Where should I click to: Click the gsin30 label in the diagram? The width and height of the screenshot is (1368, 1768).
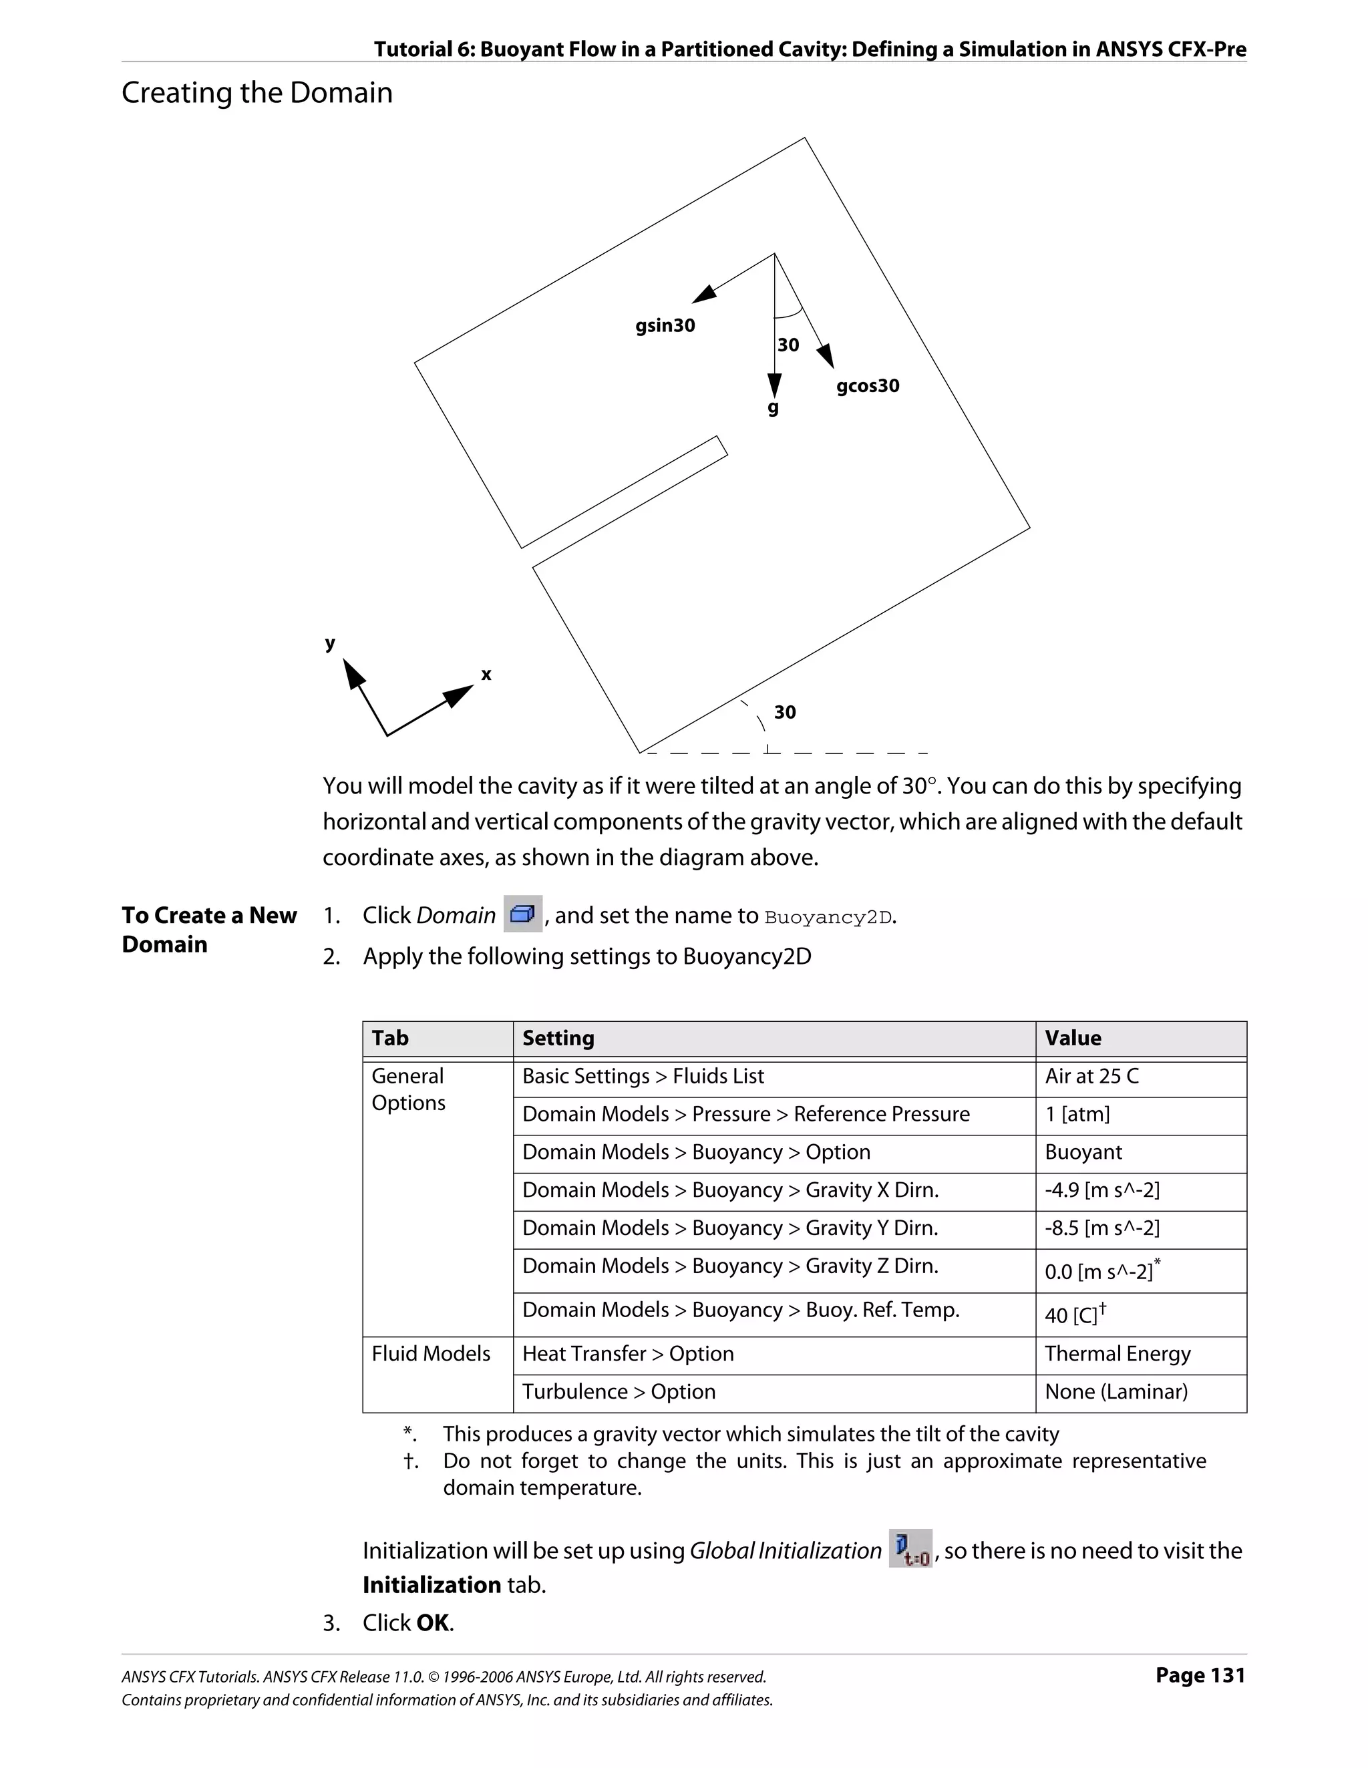665,325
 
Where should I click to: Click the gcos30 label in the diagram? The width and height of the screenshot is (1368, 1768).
868,385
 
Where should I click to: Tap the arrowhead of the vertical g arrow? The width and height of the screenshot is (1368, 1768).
775,385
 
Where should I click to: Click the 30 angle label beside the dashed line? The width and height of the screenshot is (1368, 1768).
784,713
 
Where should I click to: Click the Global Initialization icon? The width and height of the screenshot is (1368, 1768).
910,1549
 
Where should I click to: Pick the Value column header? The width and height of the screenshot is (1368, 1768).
1073,1039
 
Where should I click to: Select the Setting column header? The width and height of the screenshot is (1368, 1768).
558,1039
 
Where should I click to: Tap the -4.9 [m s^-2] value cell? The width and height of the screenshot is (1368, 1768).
1101,1191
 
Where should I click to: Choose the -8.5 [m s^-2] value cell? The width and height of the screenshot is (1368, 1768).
1101,1229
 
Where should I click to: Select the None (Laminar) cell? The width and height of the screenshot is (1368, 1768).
1116,1393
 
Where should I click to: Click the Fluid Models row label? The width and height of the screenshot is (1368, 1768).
431,1355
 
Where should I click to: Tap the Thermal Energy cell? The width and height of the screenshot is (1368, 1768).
1117,1355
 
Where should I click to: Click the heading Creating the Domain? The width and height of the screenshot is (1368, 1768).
256,92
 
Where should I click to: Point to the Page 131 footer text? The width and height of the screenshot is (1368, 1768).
1200,1675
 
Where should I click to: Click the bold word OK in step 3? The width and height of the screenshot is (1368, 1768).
433,1623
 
